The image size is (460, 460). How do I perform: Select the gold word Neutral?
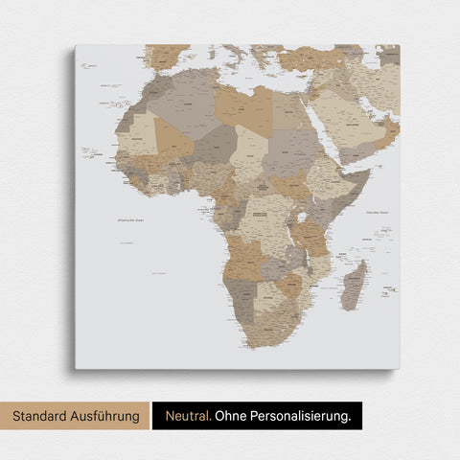tap(187, 416)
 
